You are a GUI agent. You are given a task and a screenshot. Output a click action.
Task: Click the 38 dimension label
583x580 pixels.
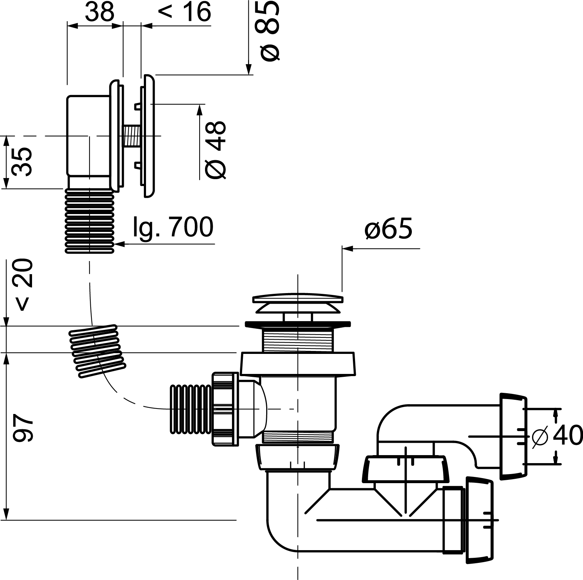(x=99, y=12)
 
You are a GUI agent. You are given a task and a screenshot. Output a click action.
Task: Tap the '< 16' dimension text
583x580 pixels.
(x=185, y=12)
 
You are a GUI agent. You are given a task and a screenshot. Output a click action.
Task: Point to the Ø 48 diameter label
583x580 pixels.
(x=216, y=150)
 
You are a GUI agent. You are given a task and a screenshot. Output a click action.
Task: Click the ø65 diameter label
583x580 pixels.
(x=388, y=229)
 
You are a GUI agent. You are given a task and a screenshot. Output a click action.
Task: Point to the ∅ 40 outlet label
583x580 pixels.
(x=557, y=435)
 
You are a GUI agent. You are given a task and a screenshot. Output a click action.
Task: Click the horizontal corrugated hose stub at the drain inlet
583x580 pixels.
(x=190, y=409)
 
